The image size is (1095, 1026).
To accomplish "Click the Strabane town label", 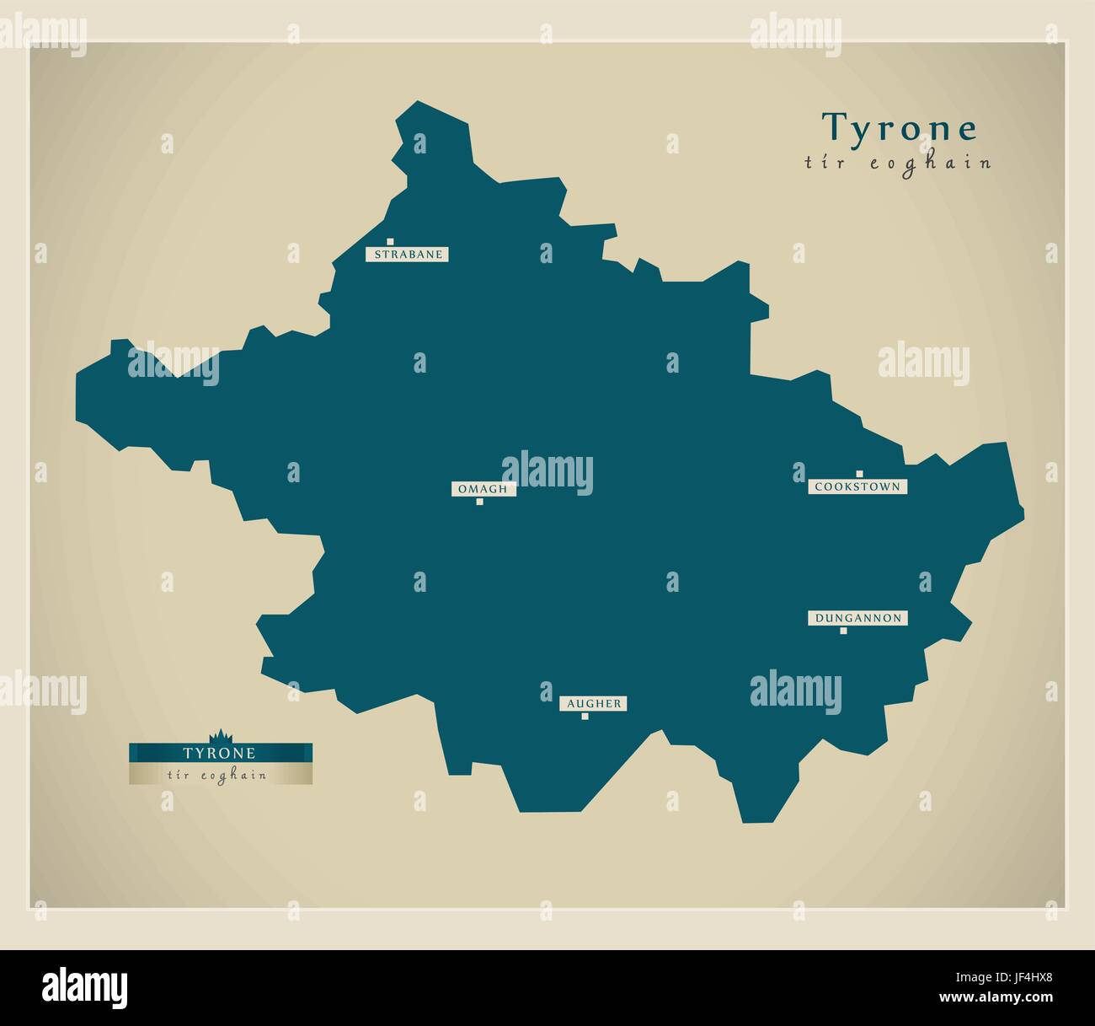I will pyautogui.click(x=407, y=254).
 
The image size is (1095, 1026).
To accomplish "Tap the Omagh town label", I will pyautogui.click(x=483, y=488).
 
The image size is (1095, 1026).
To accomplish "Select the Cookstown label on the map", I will pyautogui.click(x=857, y=486).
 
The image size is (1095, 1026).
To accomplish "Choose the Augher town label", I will pyautogui.click(x=594, y=703).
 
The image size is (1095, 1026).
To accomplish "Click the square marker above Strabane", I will pyautogui.click(x=390, y=241).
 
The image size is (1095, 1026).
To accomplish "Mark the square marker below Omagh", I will pyautogui.click(x=479, y=502).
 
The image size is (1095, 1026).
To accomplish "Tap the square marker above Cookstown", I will pyautogui.click(x=859, y=474).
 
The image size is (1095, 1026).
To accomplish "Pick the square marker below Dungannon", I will pyautogui.click(x=843, y=631).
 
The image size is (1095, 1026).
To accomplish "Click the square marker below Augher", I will pyautogui.click(x=585, y=717).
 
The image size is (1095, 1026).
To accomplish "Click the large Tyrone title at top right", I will pyautogui.click(x=900, y=128).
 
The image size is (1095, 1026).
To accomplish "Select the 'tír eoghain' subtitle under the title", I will pyautogui.click(x=898, y=163).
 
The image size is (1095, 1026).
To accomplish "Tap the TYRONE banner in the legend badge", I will pyautogui.click(x=220, y=751).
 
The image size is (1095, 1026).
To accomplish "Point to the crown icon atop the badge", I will pyautogui.click(x=220, y=735).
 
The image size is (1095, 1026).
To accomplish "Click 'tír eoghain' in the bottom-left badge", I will pyautogui.click(x=217, y=775).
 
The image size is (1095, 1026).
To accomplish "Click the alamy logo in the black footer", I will pyautogui.click(x=85, y=985).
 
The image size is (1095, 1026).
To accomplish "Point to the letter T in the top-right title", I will pyautogui.click(x=834, y=126).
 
